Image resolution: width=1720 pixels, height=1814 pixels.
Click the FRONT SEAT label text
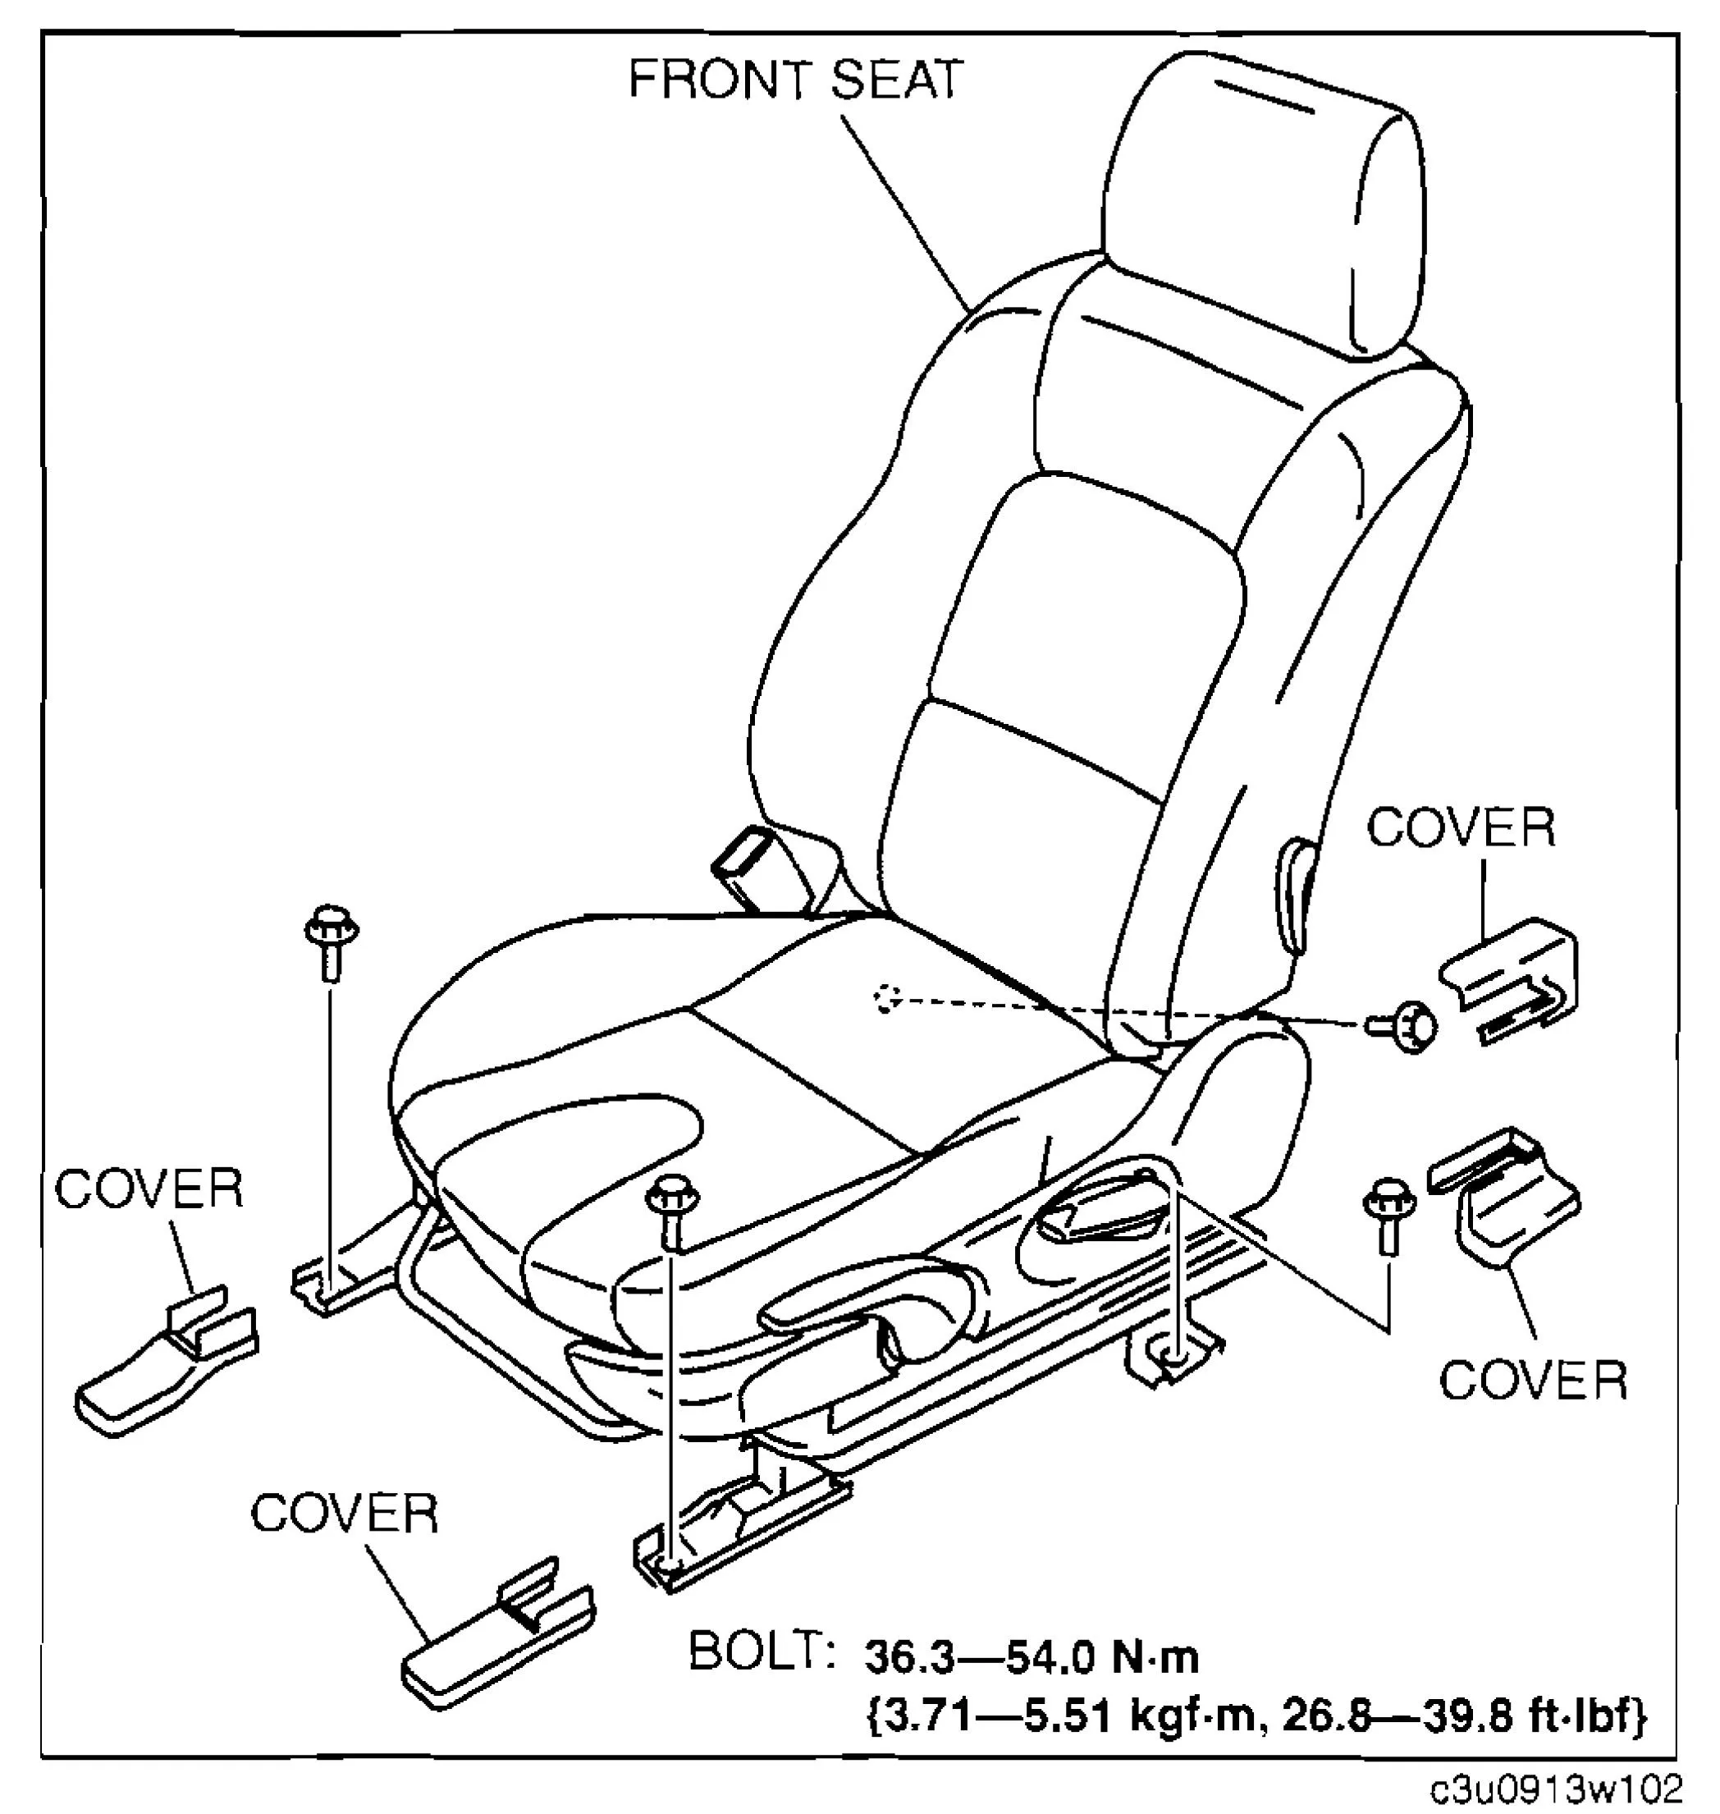795,80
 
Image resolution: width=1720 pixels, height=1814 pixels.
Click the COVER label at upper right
1462,828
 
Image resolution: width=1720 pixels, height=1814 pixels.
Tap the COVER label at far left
149,1189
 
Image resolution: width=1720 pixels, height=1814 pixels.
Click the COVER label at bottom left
345,1514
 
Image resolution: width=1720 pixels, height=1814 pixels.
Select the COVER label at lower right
1533,1381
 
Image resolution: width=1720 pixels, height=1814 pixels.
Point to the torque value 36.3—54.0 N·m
1032,1658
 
